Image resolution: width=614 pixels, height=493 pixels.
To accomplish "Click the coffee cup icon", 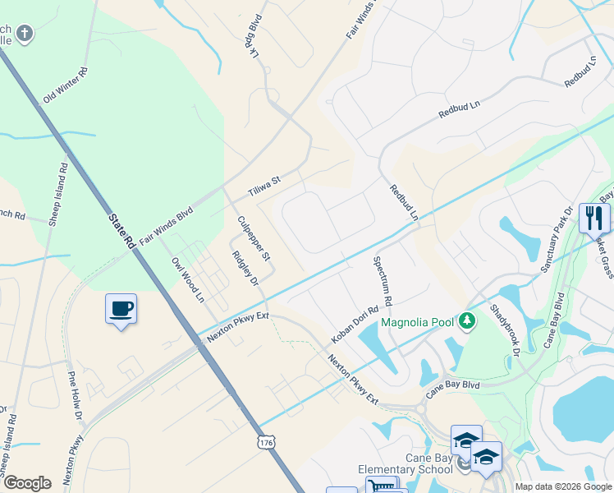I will point(121,309).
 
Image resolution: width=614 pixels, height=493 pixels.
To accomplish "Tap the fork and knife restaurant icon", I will point(594,219).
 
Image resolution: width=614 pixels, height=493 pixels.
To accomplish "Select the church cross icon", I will point(25,34).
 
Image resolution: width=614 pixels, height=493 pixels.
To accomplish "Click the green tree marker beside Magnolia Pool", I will point(467,320).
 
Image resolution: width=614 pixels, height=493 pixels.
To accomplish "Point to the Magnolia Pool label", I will point(417,322).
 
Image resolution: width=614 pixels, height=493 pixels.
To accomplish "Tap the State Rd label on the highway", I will point(121,231).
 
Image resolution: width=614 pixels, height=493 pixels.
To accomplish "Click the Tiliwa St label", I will point(264,187).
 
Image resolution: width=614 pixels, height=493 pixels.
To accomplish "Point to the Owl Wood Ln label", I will point(187,279).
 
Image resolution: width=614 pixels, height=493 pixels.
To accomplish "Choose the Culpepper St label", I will point(254,238).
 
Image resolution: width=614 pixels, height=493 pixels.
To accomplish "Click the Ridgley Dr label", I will point(245,270).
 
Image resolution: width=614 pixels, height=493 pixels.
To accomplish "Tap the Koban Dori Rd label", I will point(355,325).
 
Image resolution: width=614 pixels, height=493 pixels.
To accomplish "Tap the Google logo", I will point(27,483).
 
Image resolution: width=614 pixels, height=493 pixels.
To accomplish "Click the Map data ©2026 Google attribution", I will point(563,486).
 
